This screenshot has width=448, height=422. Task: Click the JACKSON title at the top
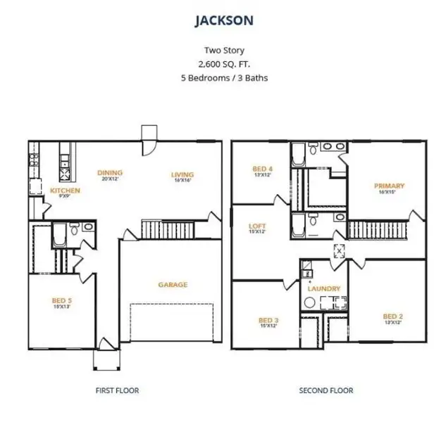224,20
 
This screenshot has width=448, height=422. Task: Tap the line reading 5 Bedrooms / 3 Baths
224,77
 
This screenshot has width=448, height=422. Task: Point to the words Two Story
224,49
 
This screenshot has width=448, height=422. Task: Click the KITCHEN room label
65,191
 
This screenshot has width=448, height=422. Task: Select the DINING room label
110,172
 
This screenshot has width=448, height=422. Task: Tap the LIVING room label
182,174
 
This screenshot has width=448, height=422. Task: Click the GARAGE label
172,285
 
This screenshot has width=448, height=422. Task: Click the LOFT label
257,226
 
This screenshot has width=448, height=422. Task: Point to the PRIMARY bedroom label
389,186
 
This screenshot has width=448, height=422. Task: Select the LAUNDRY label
324,288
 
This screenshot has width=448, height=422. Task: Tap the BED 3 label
269,320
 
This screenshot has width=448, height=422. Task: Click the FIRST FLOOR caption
117,390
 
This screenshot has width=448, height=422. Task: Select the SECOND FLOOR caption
326,390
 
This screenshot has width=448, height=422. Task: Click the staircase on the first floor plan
157,228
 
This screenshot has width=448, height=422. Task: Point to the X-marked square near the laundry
339,250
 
